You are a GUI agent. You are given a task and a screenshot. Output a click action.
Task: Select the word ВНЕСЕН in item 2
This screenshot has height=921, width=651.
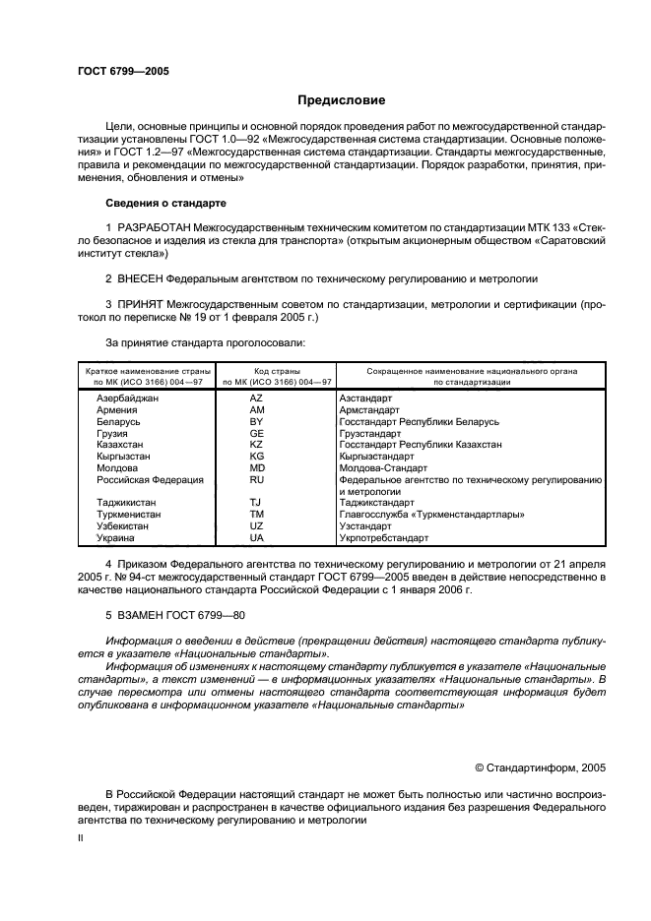[x=141, y=279]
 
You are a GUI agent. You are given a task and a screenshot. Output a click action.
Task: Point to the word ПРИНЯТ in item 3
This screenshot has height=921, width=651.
[x=141, y=305]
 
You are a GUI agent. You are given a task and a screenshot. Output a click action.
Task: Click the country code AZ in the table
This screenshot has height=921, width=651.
[x=256, y=398]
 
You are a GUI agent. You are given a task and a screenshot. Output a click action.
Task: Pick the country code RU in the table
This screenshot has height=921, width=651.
[x=256, y=480]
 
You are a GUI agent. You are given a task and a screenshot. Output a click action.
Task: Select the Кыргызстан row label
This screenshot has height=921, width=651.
[x=123, y=457]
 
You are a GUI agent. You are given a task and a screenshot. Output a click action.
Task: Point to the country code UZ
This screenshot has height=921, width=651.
[x=256, y=526]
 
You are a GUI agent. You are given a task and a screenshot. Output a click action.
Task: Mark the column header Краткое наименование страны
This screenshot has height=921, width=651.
[x=144, y=372]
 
